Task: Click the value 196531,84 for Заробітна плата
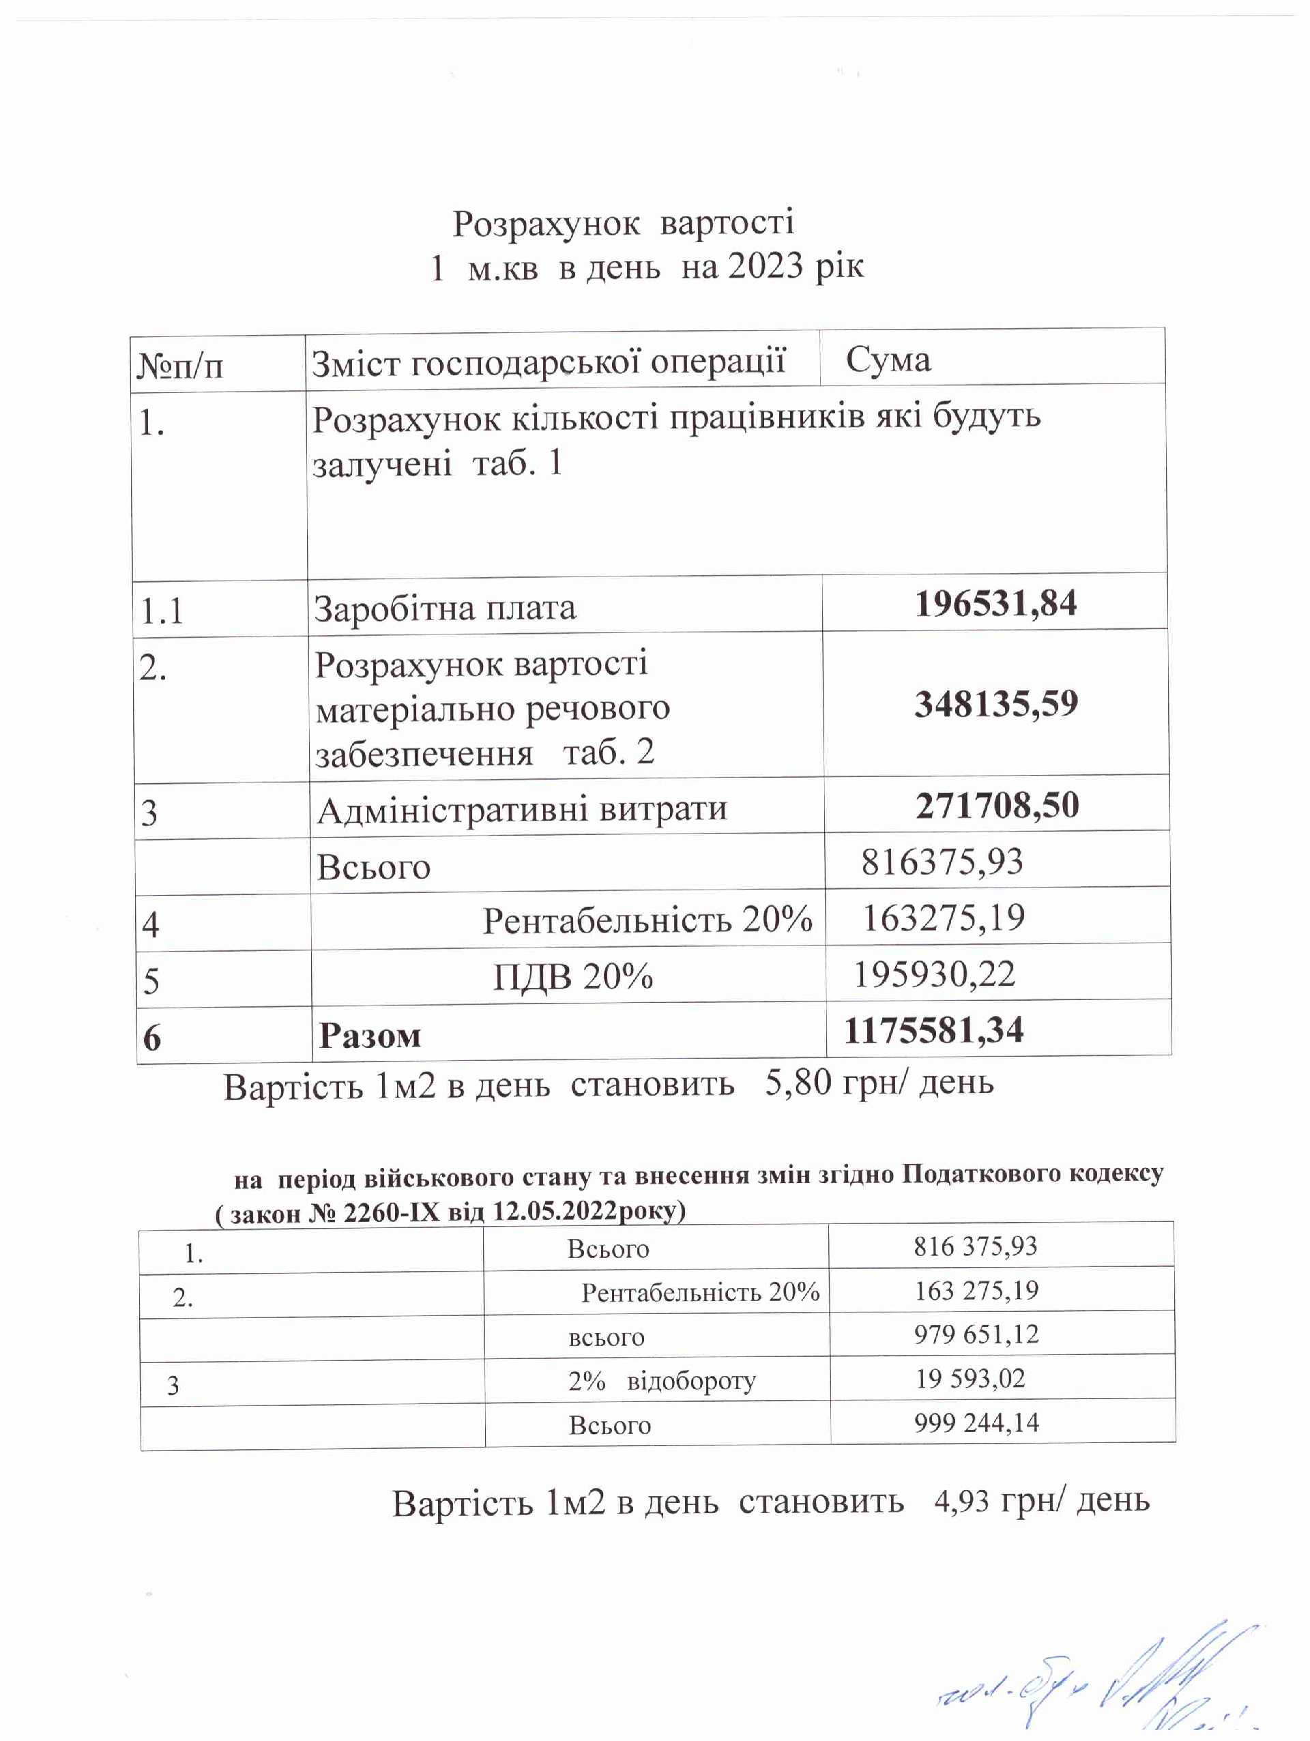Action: [x=995, y=604]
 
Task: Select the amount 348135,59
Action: [x=996, y=703]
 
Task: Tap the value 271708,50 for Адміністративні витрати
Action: [x=997, y=805]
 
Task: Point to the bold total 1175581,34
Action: [x=933, y=1030]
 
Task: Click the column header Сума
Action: [x=888, y=360]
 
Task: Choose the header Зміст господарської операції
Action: [x=549, y=363]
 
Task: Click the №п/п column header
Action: [x=180, y=366]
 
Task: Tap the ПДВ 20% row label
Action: [x=573, y=977]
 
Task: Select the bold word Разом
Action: [x=369, y=1036]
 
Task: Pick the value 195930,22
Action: [x=935, y=974]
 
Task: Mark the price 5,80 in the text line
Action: [x=798, y=1083]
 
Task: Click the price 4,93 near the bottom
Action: [x=961, y=1502]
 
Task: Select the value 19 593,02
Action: [x=970, y=1378]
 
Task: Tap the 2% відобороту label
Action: [x=661, y=1381]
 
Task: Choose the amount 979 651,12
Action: [x=976, y=1334]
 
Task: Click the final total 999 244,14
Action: [x=976, y=1422]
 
